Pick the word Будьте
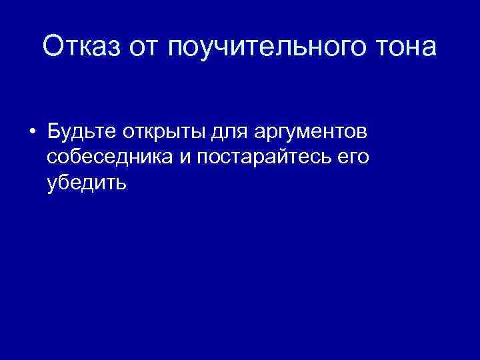point(81,132)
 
